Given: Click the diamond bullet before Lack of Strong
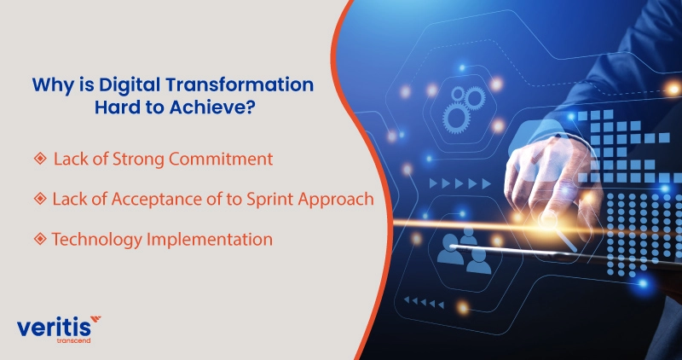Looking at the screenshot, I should click(x=39, y=158).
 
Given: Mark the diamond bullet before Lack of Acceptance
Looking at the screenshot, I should click(x=39, y=199).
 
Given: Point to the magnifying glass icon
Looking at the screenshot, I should click(x=546, y=221).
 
